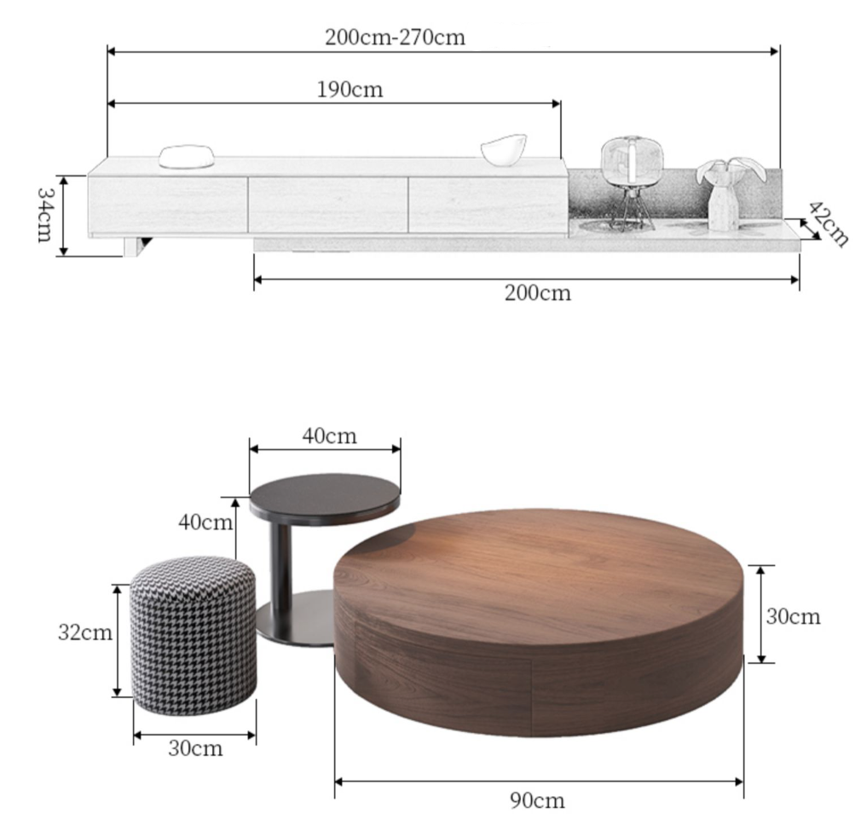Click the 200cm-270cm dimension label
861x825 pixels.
click(395, 37)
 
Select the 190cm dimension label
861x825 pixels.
click(350, 89)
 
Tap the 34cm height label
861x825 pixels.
click(44, 215)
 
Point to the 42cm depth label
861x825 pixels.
click(828, 223)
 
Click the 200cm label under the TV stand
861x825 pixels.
click(538, 292)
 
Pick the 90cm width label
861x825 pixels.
click(537, 800)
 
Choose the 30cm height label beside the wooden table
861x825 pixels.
click(793, 616)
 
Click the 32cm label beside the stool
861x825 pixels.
click(85, 632)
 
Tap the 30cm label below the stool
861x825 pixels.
click(195, 748)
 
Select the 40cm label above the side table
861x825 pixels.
click(329, 436)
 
